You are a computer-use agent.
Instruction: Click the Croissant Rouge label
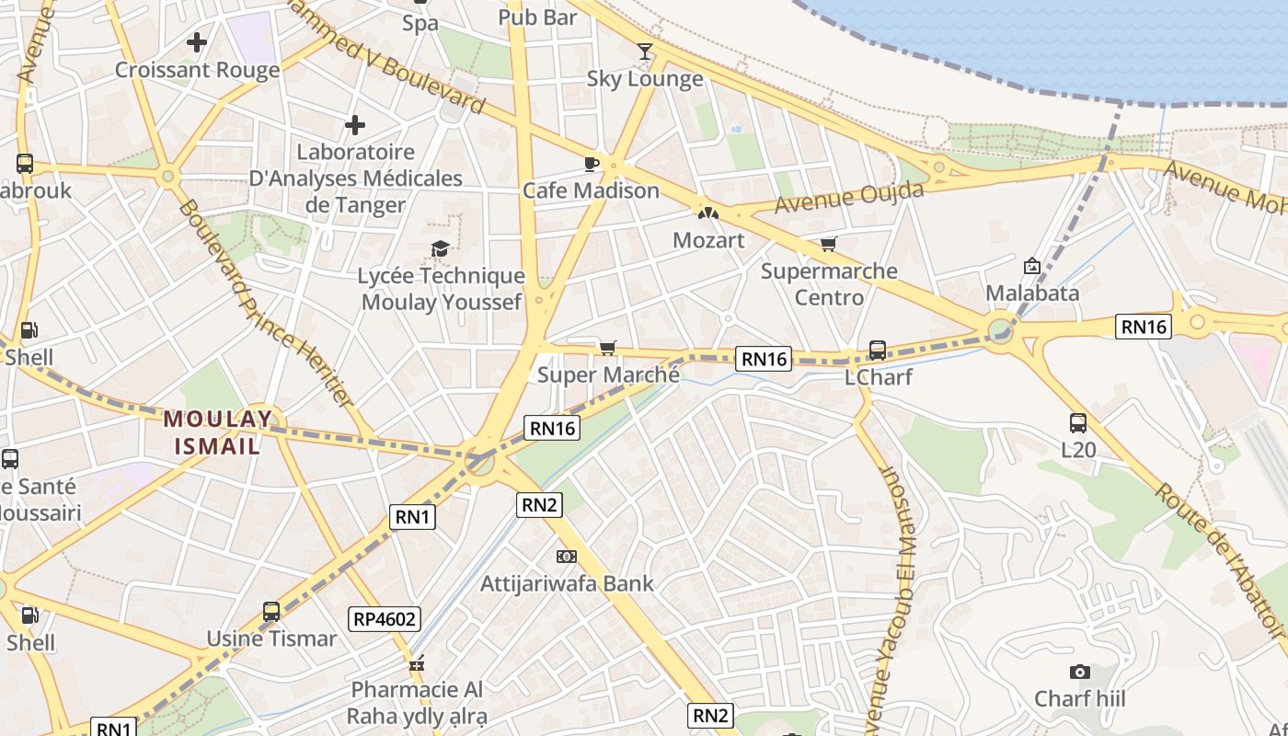pos(197,70)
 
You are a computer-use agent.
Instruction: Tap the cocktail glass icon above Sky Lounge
pos(645,52)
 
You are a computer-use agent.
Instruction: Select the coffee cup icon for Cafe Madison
pos(591,164)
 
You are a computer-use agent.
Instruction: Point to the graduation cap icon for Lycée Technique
pos(441,248)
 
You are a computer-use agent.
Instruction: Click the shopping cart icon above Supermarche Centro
pos(828,244)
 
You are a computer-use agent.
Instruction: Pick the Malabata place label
pos(1032,293)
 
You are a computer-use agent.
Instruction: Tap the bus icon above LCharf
pos(878,350)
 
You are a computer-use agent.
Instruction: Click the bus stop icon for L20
pos(1078,423)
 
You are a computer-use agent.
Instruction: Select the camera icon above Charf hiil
pos(1079,673)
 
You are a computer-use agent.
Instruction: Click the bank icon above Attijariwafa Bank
pos(567,557)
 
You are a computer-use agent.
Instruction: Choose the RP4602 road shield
pos(385,619)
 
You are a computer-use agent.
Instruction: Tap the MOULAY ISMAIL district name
pos(218,432)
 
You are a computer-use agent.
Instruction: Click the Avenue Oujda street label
pos(848,198)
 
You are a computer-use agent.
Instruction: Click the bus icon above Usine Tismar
pos(271,611)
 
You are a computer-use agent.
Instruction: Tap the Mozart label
pos(708,240)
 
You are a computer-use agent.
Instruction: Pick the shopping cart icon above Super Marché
pos(607,348)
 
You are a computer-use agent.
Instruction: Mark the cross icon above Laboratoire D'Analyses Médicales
pos(355,125)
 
